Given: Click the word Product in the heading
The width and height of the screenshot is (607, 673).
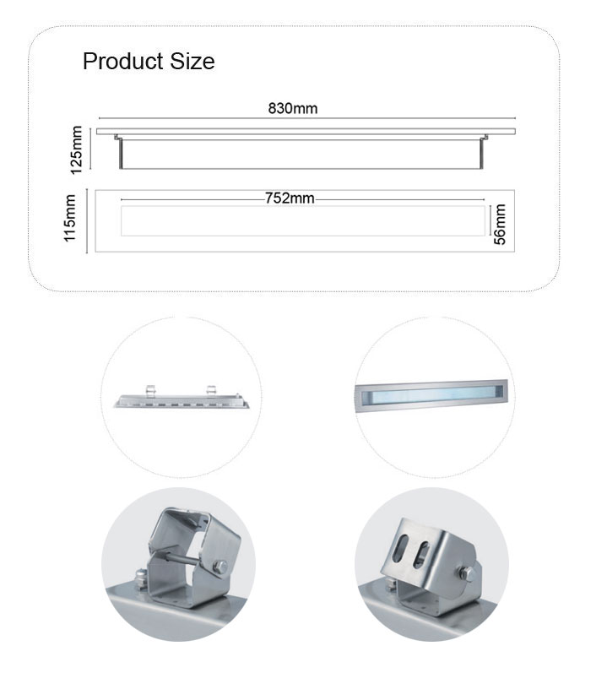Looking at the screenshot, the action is pos(123,61).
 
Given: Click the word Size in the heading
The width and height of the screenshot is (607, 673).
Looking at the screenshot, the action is pos(192,61).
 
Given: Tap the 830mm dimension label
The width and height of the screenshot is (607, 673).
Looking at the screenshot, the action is pos(293,108).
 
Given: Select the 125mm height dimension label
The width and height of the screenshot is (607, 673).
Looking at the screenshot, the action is pos(76,149).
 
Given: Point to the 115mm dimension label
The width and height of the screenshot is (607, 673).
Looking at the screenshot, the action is pos(69,218).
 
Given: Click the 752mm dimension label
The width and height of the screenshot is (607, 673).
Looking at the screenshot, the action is pos(290,198).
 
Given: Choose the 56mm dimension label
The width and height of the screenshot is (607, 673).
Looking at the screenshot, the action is pos(500,224).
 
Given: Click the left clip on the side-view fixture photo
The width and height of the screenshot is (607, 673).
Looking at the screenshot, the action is pos(150,390).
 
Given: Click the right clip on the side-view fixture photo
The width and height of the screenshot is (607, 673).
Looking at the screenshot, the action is pos(210,390).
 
